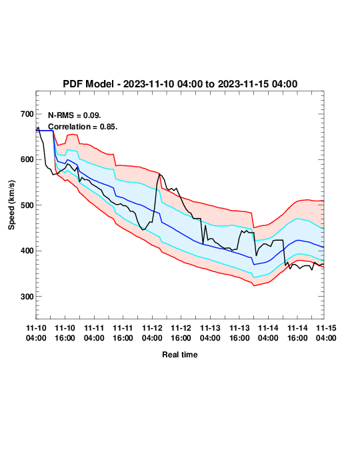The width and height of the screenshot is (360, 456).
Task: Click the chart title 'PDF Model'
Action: [88, 84]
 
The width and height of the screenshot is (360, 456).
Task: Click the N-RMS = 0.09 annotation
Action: [75, 115]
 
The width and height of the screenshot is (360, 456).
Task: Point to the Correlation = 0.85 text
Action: [83, 127]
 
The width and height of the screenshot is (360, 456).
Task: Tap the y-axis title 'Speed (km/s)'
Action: [11, 205]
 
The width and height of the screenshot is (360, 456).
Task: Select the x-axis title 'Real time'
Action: [180, 355]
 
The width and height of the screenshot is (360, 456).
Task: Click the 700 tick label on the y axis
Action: [27, 114]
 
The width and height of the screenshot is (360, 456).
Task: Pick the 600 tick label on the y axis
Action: [27, 159]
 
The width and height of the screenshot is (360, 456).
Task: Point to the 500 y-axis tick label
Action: [27, 205]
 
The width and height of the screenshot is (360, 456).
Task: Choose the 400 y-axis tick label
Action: [27, 251]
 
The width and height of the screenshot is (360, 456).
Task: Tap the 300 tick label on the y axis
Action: [27, 297]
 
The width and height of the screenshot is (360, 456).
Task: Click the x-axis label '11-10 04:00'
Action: [36, 333]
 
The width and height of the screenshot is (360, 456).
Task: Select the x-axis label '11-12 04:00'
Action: [152, 333]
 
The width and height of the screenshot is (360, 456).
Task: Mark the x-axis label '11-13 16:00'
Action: [239, 333]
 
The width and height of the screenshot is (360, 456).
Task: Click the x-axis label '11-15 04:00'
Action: [326, 333]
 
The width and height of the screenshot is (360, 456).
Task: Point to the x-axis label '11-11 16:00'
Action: [123, 333]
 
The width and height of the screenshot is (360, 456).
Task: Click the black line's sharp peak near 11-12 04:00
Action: [159, 174]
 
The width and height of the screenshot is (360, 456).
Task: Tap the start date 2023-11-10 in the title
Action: [149, 84]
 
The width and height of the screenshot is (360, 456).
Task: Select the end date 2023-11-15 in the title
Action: [243, 84]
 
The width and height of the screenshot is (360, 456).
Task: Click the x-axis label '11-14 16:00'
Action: [297, 333]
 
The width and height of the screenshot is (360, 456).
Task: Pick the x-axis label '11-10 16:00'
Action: [65, 333]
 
